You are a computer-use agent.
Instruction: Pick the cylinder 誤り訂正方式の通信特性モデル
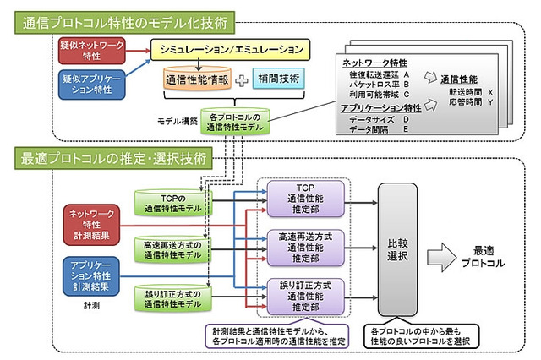click(170, 296)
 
